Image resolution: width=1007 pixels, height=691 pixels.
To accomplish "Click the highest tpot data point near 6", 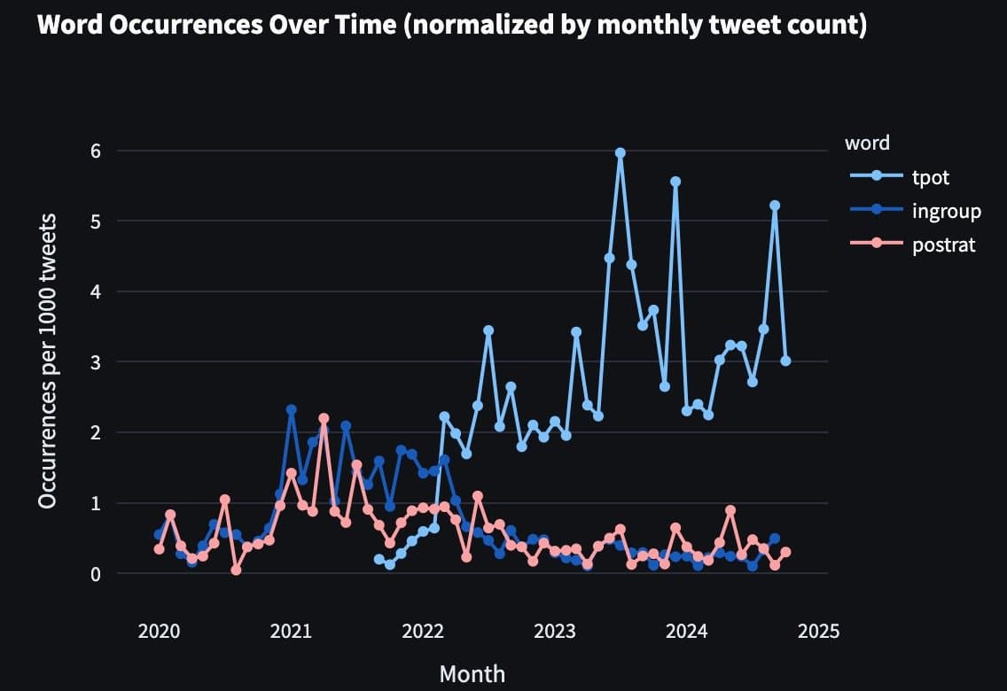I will coord(621,152).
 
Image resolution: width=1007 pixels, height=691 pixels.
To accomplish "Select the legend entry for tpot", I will coord(930,177).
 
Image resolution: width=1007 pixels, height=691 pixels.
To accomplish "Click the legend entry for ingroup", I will coord(946,211).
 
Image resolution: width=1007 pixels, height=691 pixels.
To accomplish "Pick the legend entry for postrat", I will coord(943,245).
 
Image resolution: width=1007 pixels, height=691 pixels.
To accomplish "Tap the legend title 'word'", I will coord(867,143).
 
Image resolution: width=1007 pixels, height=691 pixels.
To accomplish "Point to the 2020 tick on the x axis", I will coord(160,631).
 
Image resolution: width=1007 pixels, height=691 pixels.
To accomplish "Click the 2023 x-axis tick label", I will coord(555,631).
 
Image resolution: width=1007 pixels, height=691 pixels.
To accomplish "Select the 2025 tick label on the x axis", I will coord(818,631).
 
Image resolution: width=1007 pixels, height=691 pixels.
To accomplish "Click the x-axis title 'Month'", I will coord(472,674).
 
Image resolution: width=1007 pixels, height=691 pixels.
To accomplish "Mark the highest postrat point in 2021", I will coord(324,418).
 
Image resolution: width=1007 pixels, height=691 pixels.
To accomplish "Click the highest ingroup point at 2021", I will coord(291,410).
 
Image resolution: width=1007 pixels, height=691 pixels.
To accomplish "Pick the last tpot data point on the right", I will coord(785,361).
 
